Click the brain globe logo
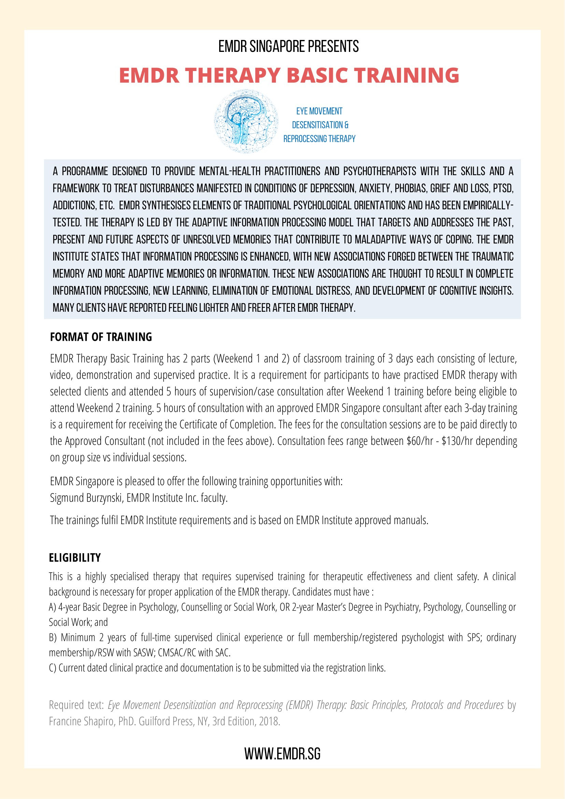point(246,121)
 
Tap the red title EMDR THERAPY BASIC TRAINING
point(289,75)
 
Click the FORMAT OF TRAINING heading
point(101,337)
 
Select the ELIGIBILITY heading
point(75,558)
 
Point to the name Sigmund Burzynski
point(86,498)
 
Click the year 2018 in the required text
point(269,721)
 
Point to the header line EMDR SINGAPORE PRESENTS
point(288,46)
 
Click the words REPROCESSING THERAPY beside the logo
point(320,139)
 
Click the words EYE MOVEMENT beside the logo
point(320,111)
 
